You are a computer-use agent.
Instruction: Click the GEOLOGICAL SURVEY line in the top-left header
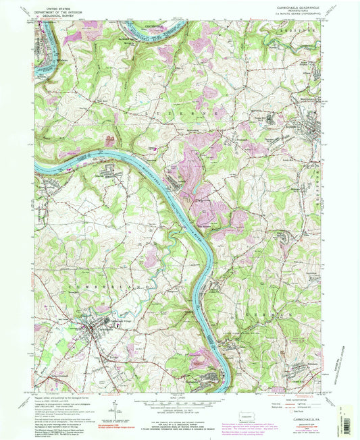click(x=57, y=16)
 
